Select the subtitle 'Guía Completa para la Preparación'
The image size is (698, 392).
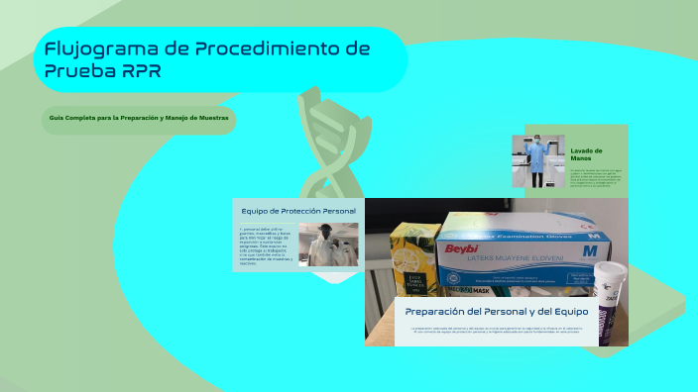[x=139, y=118]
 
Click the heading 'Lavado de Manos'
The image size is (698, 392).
[x=587, y=154]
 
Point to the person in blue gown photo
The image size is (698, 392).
[x=538, y=161]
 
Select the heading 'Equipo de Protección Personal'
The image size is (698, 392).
[x=298, y=211]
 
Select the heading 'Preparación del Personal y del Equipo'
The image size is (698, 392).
[x=497, y=311]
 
